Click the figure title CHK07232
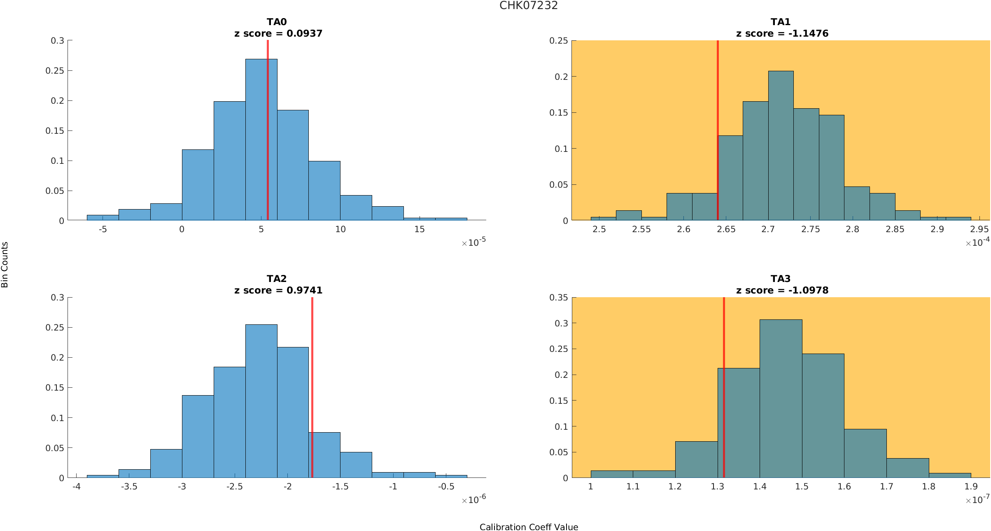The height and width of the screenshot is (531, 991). [528, 6]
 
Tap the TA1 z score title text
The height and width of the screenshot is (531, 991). [782, 33]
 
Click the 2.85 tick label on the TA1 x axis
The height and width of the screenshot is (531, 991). [895, 229]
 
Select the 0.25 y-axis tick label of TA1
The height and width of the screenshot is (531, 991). [558, 41]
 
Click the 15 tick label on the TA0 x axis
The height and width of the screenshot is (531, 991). [419, 229]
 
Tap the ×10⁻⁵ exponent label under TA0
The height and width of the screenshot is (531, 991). [473, 242]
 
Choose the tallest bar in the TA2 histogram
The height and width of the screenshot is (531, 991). [261, 401]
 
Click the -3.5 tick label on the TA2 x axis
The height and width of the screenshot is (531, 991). [129, 487]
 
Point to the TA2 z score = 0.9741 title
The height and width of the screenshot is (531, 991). [278, 290]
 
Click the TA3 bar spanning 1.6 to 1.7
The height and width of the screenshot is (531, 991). [865, 453]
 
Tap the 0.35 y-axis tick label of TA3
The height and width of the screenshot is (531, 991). [558, 298]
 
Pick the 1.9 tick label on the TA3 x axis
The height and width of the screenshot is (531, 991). [971, 487]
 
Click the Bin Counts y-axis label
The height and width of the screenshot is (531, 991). [5, 264]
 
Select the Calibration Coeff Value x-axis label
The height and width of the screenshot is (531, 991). [529, 527]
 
